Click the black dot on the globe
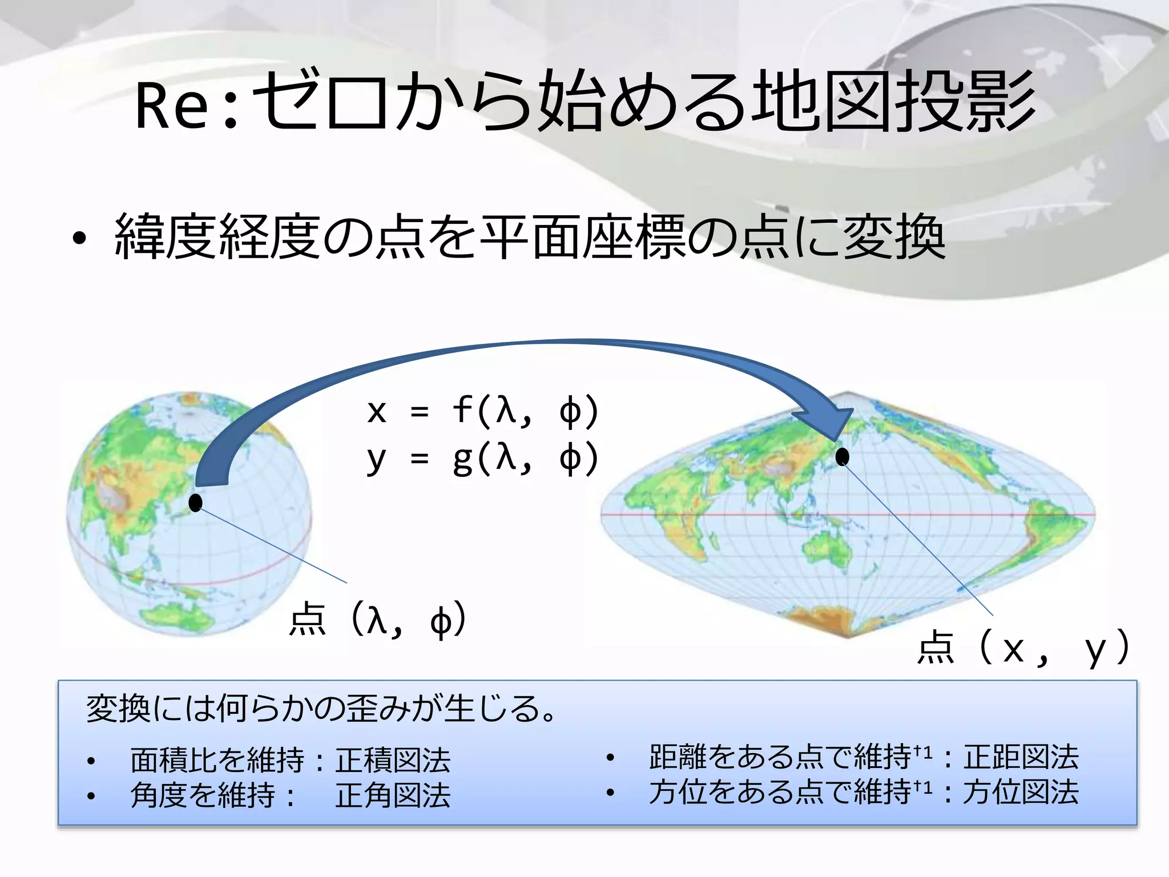tap(196, 503)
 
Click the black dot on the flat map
tap(842, 457)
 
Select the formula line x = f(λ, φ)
tap(482, 411)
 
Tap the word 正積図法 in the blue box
tap(393, 760)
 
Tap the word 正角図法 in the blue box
tap(393, 795)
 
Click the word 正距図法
tap(1021, 757)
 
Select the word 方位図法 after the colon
tap(1021, 792)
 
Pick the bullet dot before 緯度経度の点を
tap(79, 239)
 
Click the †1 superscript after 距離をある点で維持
tap(924, 753)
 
